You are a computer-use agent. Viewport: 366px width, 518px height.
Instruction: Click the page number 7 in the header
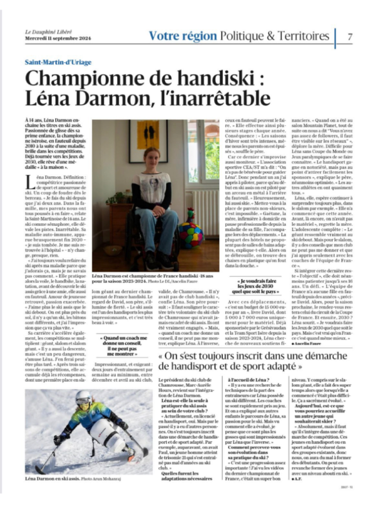(x=350, y=36)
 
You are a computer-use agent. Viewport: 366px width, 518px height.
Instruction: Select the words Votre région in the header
(x=182, y=36)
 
